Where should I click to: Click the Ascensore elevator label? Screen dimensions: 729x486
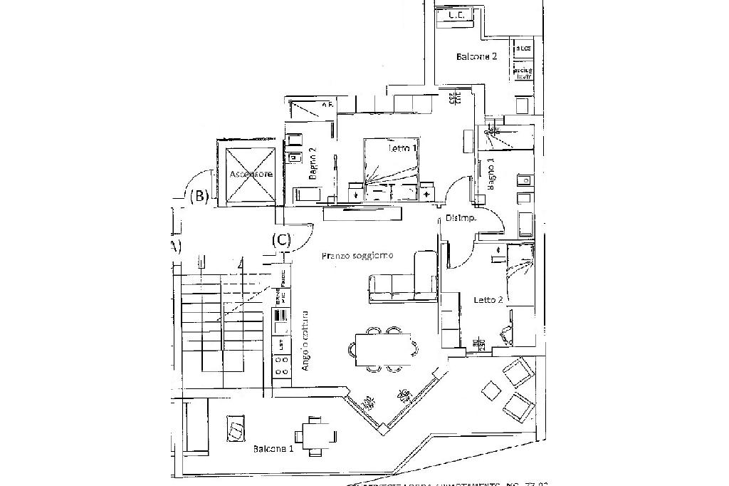tap(247, 174)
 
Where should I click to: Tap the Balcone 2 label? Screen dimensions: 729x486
tap(477, 56)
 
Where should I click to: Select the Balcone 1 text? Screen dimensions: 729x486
tap(273, 449)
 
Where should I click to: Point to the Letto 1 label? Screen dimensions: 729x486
tap(403, 149)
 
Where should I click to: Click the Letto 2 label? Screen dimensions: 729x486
tap(489, 300)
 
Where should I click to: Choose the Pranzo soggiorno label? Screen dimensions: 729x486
tap(357, 255)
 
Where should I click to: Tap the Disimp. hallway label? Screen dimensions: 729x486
tap(460, 218)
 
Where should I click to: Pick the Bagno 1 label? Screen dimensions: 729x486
tap(491, 175)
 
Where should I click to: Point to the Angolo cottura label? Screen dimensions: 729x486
tap(305, 340)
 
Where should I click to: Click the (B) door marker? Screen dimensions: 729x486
tap(199, 196)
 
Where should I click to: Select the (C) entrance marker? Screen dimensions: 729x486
tap(282, 240)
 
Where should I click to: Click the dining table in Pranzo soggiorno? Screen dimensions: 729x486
tap(384, 349)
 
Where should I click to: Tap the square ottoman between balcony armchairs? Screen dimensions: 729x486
tap(491, 391)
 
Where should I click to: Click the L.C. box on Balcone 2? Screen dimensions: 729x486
tap(456, 15)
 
